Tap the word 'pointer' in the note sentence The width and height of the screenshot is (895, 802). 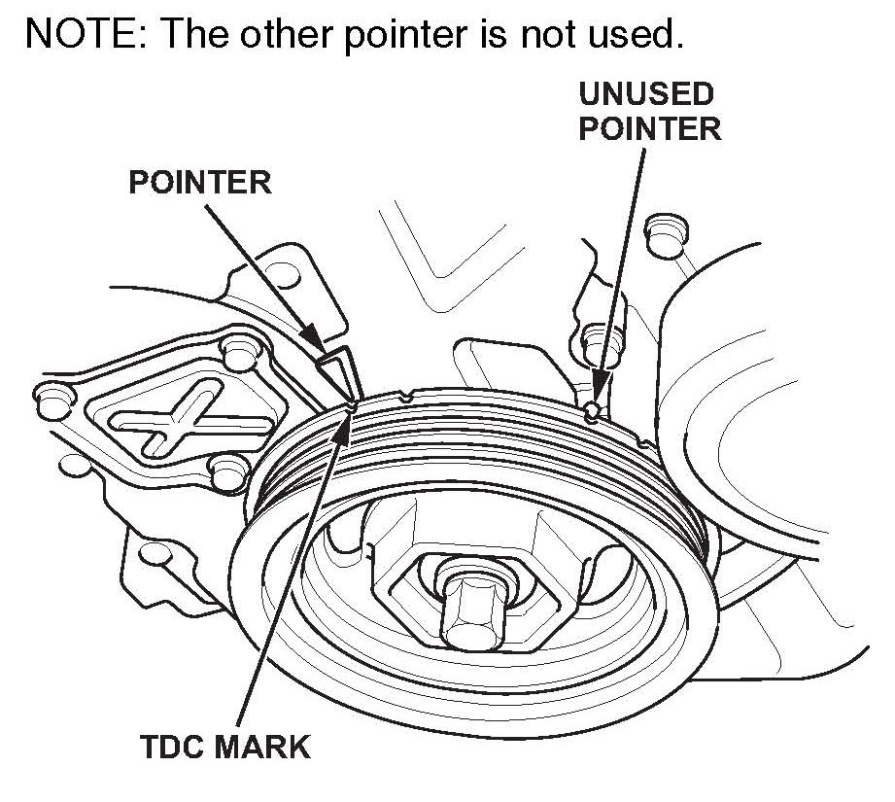pos(408,36)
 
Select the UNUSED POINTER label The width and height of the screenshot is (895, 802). pos(649,111)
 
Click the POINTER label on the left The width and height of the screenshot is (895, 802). pos(200,182)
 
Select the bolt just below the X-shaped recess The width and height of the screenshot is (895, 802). pos(227,471)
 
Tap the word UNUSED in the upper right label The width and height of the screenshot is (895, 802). pos(646,94)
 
